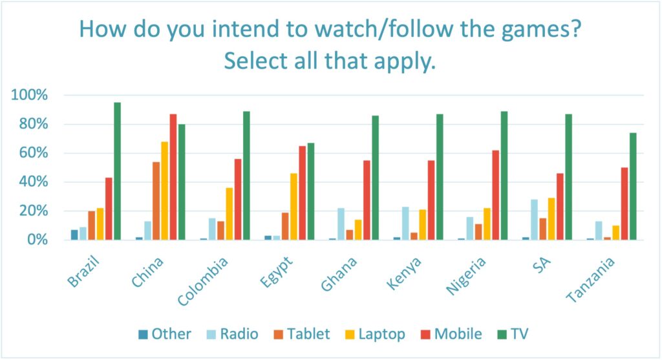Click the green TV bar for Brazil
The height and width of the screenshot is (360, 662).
click(117, 171)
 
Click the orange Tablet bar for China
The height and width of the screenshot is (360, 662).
click(156, 201)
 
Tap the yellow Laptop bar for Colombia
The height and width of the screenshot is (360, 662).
click(229, 214)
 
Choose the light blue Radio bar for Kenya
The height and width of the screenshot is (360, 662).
click(405, 224)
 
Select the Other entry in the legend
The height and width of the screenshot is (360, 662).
click(164, 334)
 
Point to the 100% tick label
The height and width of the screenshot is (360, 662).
click(30, 96)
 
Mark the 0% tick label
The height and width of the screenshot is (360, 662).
click(36, 240)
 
